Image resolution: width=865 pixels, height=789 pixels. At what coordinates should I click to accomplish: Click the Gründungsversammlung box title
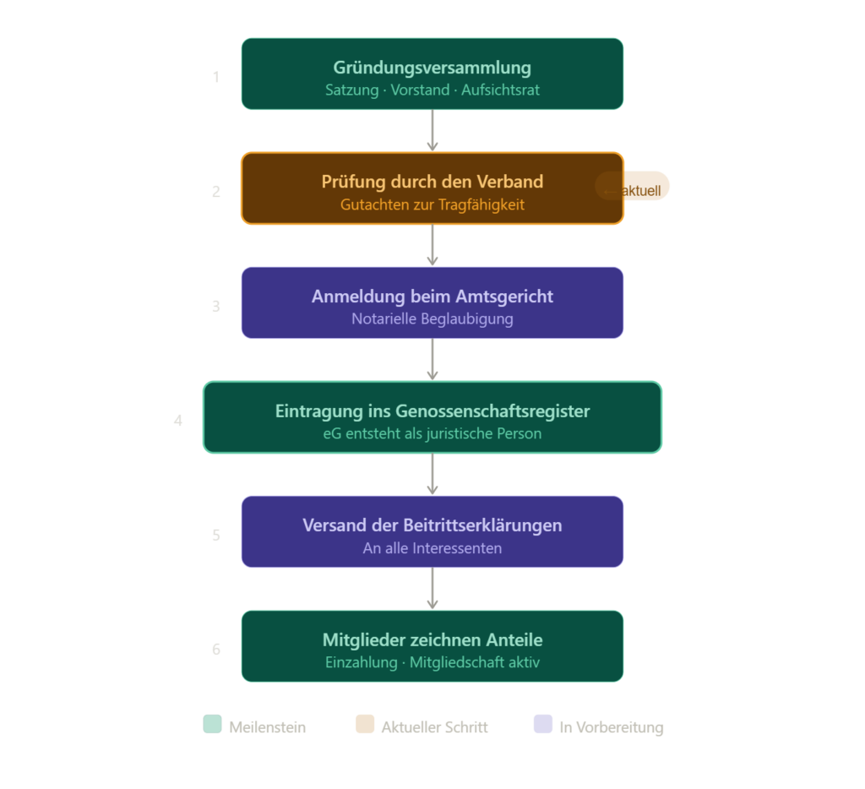point(432,68)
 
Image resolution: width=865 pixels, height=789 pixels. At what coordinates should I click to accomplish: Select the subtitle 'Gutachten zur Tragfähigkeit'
point(432,204)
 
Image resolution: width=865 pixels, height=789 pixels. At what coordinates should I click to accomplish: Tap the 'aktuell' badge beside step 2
point(633,187)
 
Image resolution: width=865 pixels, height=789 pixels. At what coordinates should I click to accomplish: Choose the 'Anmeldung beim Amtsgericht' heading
point(432,297)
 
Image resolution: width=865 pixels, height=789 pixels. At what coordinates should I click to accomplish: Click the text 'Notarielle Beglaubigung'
point(432,319)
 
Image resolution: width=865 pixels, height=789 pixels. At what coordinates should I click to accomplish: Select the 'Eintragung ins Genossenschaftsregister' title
point(432,411)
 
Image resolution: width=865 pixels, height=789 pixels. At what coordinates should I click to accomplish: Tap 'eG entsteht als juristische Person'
point(432,433)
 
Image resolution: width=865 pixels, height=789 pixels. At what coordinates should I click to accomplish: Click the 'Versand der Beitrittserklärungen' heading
point(432,525)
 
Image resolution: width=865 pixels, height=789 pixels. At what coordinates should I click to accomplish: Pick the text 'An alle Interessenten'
point(432,548)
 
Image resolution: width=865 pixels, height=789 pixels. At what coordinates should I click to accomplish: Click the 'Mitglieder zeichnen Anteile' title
point(432,639)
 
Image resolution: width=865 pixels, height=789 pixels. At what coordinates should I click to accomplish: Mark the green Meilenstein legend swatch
point(212,725)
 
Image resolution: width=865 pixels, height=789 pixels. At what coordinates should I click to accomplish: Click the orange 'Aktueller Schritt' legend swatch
point(365,725)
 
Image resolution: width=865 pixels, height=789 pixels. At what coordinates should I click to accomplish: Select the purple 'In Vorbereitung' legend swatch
point(543,725)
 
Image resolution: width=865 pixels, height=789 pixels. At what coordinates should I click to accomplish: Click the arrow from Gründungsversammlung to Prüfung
point(432,131)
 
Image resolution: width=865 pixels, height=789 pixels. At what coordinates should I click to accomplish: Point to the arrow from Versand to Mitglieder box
point(432,589)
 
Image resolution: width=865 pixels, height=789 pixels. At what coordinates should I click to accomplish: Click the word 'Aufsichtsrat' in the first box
point(500,90)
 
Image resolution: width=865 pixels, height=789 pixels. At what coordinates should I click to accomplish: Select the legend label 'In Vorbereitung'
point(612,727)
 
